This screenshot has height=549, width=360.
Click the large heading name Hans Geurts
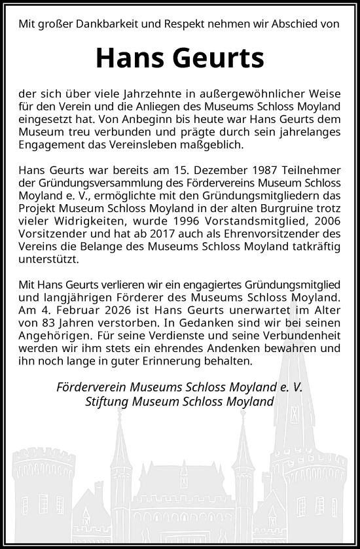coord(180,58)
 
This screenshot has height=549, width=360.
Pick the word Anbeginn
coord(158,120)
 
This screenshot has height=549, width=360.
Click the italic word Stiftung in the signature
coord(108,401)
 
